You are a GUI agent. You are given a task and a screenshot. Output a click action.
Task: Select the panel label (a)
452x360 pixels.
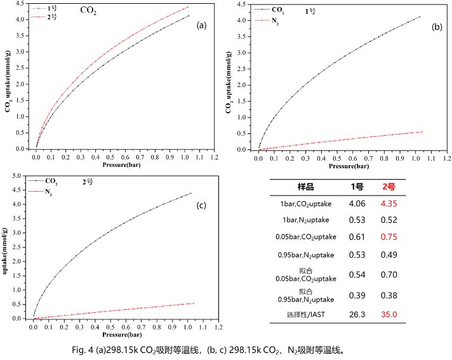click(202, 25)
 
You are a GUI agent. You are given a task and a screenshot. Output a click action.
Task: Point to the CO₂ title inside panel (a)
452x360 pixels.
click(88, 11)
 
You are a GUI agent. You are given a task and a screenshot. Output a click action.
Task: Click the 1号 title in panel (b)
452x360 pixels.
click(310, 11)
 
